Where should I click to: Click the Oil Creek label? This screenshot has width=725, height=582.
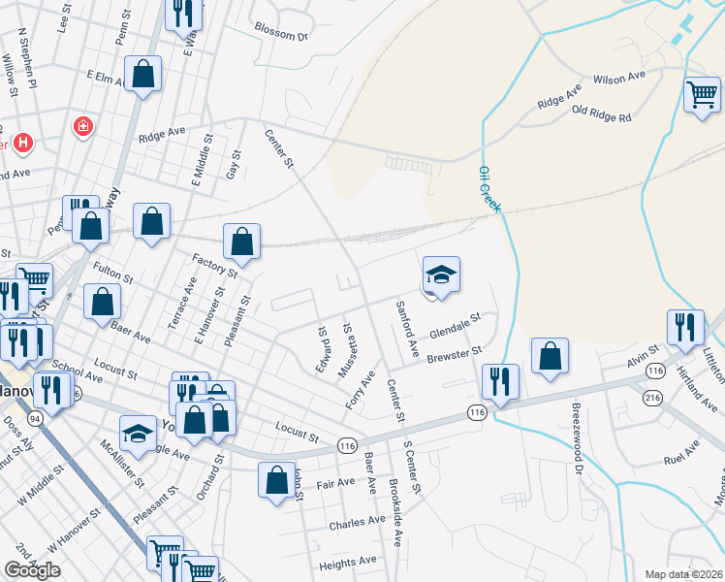coord(489,189)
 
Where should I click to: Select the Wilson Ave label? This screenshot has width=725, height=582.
coord(619,78)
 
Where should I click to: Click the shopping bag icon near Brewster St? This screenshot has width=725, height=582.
coord(550,356)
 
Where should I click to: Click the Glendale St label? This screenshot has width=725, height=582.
coord(456,326)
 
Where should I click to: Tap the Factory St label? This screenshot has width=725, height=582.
coord(215,263)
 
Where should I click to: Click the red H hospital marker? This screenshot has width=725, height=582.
coord(22,143)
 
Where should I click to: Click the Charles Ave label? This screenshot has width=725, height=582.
coord(358,522)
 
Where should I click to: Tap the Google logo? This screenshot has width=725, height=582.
coord(32,570)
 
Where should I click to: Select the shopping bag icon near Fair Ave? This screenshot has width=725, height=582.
coord(276,480)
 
